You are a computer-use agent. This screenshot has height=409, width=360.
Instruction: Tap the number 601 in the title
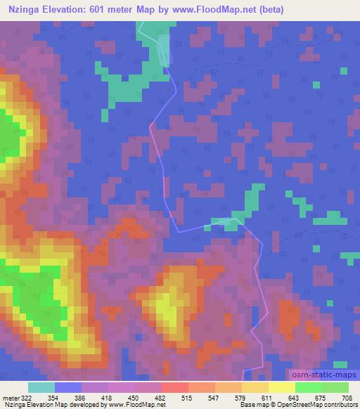coord(105,10)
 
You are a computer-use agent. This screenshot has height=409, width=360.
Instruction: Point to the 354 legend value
coord(67,398)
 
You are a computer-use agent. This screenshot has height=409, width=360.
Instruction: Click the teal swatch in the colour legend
coord(41,387)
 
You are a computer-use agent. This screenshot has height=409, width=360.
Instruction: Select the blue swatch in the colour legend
coord(68,387)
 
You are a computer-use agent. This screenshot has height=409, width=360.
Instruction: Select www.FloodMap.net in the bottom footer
coord(137,405)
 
